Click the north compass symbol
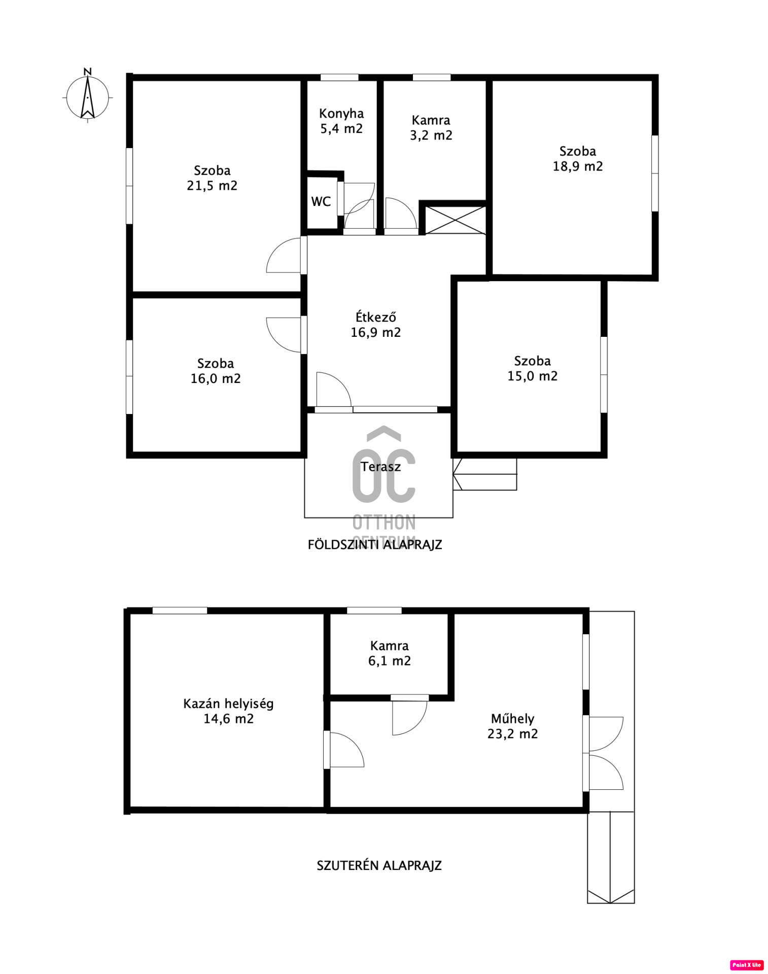point(88,96)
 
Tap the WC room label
point(321,201)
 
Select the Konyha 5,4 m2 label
point(341,121)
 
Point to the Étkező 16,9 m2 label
point(376,325)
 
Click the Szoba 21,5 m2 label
point(212,178)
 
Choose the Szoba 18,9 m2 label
point(578,159)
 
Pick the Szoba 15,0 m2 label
point(533,368)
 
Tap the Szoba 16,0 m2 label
point(216,371)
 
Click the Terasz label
point(380,467)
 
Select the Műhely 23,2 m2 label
point(513,726)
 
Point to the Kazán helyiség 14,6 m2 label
point(229,711)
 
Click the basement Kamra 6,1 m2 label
point(390,653)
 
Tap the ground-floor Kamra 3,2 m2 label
point(431,128)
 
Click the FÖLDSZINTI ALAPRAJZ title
point(375,544)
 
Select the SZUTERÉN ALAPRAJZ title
point(379,865)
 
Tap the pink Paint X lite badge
point(747,965)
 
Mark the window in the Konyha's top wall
point(339,78)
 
